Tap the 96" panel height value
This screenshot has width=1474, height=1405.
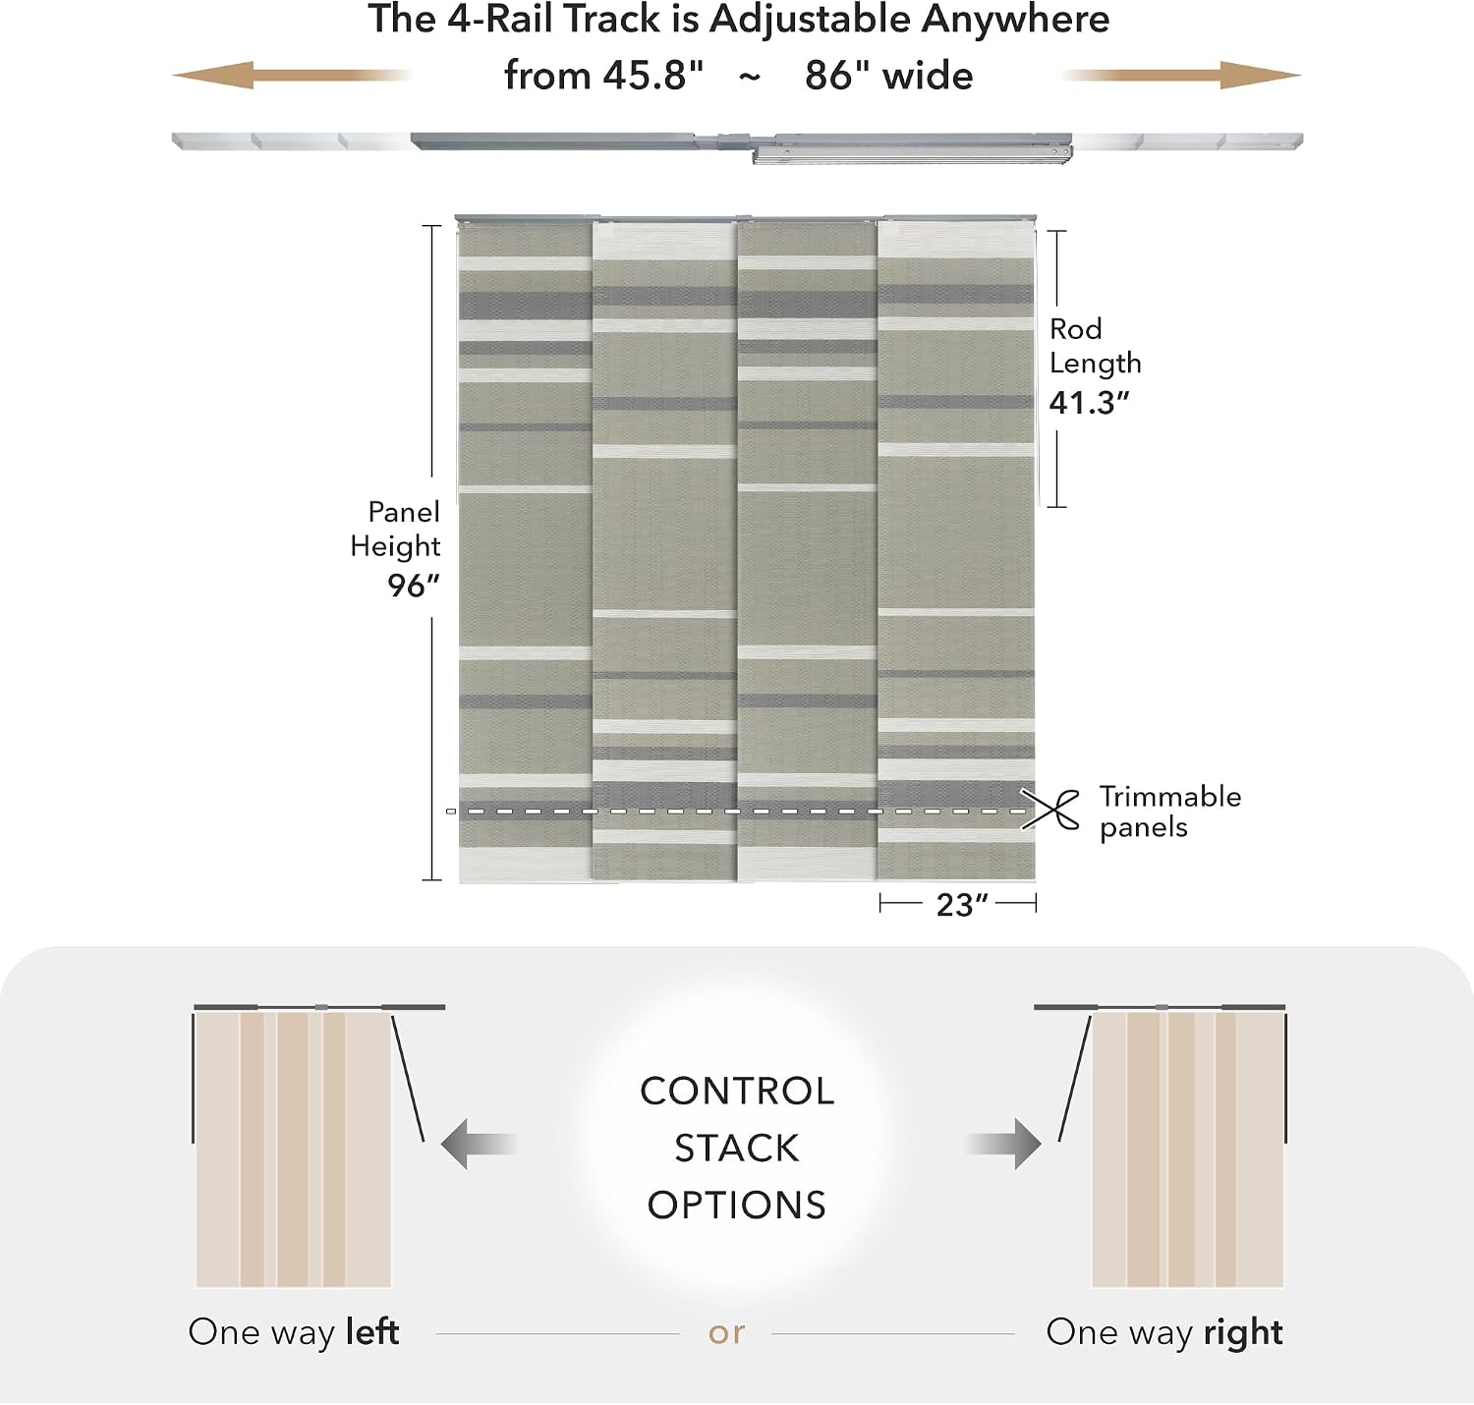coord(413,586)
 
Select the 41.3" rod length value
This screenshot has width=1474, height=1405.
coord(1089,403)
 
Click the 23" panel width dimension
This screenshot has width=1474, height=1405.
coord(962,905)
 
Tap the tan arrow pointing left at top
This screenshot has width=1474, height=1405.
coord(292,75)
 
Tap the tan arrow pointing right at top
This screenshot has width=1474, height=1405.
coord(1181,75)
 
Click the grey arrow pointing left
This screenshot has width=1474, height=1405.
coord(479,1144)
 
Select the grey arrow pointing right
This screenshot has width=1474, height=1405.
coord(1004,1144)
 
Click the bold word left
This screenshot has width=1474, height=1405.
coord(372,1332)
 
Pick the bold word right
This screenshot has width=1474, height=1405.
coord(1243,1332)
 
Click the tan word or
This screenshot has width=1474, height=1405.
coord(726,1333)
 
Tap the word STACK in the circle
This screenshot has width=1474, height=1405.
coord(737,1149)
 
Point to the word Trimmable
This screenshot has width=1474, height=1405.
coord(1170,796)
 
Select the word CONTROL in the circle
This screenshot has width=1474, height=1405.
coord(737,1091)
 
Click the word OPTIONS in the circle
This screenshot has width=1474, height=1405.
coord(737,1206)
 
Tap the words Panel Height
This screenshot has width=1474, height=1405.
coord(396,530)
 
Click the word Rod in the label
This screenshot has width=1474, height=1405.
coord(1075,328)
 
